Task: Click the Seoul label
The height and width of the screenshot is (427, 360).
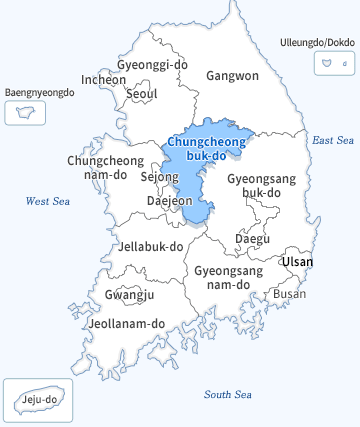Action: (x=142, y=94)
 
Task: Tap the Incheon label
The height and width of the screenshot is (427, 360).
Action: (x=104, y=79)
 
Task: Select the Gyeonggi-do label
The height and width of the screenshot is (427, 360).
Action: (x=152, y=65)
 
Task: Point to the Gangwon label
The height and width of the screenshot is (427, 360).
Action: (x=232, y=75)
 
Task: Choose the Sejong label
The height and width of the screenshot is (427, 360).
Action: (x=159, y=177)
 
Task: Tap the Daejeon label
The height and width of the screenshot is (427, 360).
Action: (x=169, y=200)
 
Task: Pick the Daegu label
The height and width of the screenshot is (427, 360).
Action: (x=252, y=238)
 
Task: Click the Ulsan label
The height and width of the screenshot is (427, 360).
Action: (x=297, y=261)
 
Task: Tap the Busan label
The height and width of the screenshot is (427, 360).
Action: (x=289, y=294)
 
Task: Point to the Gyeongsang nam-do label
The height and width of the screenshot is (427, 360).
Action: (x=228, y=277)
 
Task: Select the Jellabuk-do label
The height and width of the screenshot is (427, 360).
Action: (x=150, y=245)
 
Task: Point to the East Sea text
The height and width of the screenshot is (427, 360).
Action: (x=332, y=141)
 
